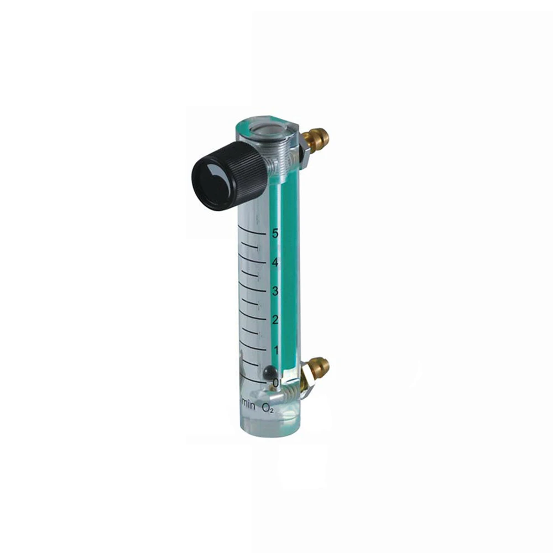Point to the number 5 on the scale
[x=275, y=233]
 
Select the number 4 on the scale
[x=275, y=262]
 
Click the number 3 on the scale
[x=275, y=291]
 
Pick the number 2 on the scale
[x=275, y=320]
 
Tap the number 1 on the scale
[x=276, y=350]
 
